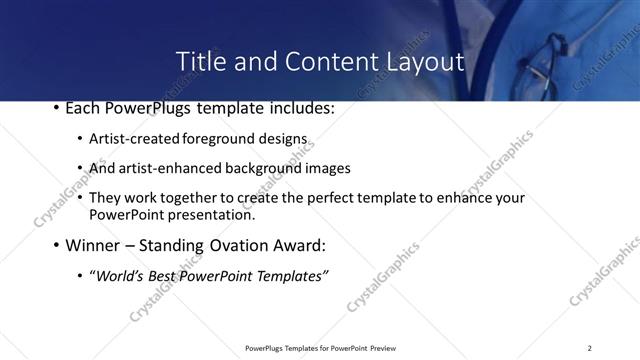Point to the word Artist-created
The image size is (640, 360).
[135, 139]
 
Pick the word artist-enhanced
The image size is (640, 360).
[170, 168]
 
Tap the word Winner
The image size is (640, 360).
[92, 245]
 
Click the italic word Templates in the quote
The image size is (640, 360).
[291, 276]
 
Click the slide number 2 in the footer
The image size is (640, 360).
[590, 348]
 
